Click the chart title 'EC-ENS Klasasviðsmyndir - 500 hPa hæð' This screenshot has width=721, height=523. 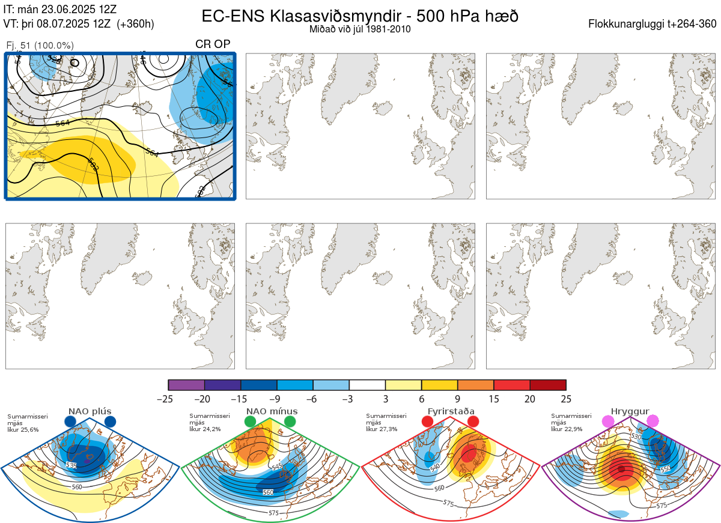click(x=360, y=16)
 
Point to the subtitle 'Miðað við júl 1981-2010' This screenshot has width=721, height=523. click(x=360, y=29)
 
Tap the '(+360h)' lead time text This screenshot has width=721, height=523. click(x=135, y=24)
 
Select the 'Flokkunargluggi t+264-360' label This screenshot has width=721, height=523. click(x=653, y=24)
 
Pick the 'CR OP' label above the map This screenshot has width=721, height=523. click(x=213, y=44)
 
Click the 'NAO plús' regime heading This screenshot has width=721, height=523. click(x=89, y=411)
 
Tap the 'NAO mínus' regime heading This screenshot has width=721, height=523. click(x=272, y=411)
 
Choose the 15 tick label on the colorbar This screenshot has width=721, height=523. click(x=494, y=399)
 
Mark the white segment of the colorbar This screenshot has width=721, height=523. click(x=367, y=385)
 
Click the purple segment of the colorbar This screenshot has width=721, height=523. click(x=186, y=385)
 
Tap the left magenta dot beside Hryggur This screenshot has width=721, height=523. click(x=609, y=422)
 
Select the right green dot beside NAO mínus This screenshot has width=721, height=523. click(x=290, y=422)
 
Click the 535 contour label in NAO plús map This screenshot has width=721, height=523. click(x=71, y=465)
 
